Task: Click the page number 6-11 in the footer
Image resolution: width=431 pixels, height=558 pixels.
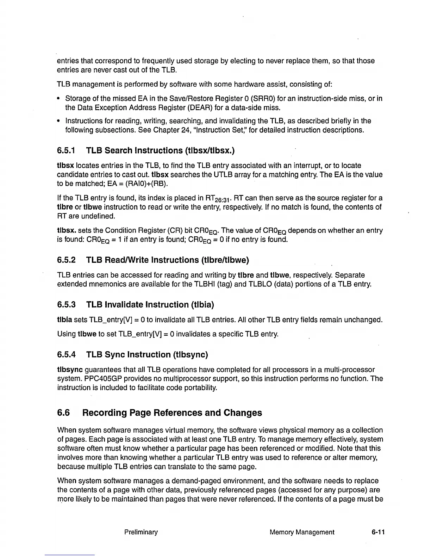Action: pos(378,532)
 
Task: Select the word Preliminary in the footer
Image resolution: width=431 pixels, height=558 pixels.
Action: pos(141,532)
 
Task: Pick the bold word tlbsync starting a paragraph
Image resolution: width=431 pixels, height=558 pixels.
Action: pos(70,370)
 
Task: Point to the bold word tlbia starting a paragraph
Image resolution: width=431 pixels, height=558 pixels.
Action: pos(64,320)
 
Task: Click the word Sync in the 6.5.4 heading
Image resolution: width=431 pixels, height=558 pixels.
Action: pos(115,355)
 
